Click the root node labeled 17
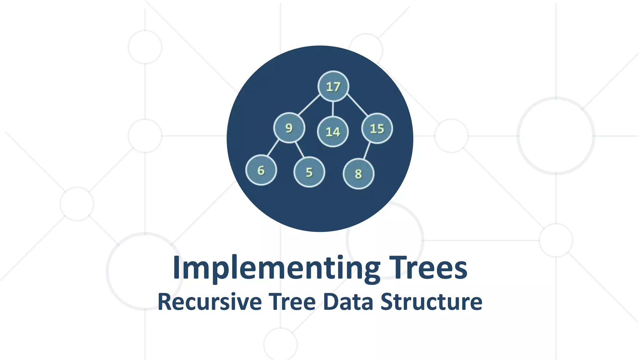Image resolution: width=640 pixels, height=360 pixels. [333, 87]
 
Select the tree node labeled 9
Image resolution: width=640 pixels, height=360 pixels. [289, 128]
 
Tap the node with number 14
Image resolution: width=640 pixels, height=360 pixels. [333, 132]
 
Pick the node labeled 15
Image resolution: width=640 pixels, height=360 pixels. [377, 128]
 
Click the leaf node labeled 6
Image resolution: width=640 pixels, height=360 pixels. [261, 170]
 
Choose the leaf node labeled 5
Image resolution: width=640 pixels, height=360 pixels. [309, 172]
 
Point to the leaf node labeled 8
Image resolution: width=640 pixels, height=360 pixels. [358, 174]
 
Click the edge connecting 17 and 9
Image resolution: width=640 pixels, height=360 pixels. [309, 105]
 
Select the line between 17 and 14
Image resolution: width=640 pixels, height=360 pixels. [333, 109]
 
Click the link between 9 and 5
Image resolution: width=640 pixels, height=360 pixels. [300, 150]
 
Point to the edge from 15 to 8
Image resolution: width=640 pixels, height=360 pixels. [367, 151]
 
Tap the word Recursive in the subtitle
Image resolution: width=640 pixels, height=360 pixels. [210, 302]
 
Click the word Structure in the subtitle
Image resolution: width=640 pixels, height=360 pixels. [432, 302]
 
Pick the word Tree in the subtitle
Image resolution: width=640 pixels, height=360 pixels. [292, 302]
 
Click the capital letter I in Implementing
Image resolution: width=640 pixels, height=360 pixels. [177, 267]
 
